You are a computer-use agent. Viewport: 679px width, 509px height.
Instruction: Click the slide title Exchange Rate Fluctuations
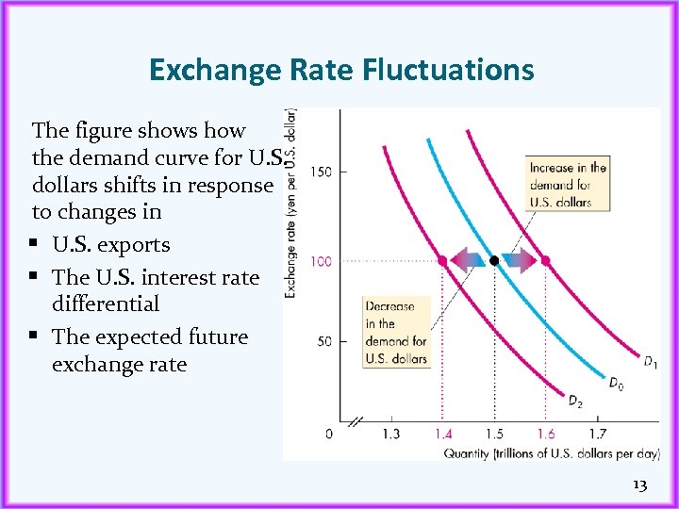pyautogui.click(x=340, y=69)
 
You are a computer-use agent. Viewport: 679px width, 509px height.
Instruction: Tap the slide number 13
pyautogui.click(x=639, y=484)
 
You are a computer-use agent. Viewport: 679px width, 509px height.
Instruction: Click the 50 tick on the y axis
pyautogui.click(x=323, y=341)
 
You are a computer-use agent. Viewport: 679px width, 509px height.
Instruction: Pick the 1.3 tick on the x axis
pyautogui.click(x=391, y=434)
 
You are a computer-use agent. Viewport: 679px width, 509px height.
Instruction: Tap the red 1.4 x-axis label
pyautogui.click(x=443, y=434)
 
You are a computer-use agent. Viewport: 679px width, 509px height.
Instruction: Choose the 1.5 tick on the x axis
pyautogui.click(x=494, y=434)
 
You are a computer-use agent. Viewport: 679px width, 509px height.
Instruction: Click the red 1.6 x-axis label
pyautogui.click(x=545, y=434)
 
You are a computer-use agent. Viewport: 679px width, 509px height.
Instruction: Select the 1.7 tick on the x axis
pyautogui.click(x=597, y=434)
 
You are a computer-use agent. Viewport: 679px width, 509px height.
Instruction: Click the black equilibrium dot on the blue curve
pyautogui.click(x=494, y=259)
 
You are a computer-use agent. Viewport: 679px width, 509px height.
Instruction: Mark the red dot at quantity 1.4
pyautogui.click(x=443, y=259)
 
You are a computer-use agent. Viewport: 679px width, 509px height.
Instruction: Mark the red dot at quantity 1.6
pyautogui.click(x=545, y=259)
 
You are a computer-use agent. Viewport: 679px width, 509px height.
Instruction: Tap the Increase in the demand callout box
pyautogui.click(x=568, y=185)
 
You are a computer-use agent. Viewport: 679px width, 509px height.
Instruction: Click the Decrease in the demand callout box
pyautogui.click(x=396, y=332)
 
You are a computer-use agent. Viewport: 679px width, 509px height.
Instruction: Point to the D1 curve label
pyautogui.click(x=650, y=361)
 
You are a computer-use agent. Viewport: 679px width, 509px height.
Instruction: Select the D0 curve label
pyautogui.click(x=615, y=383)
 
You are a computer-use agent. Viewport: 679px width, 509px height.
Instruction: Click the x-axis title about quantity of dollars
pyautogui.click(x=551, y=453)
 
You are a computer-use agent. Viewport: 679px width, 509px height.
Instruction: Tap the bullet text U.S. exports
pyautogui.click(x=111, y=245)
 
